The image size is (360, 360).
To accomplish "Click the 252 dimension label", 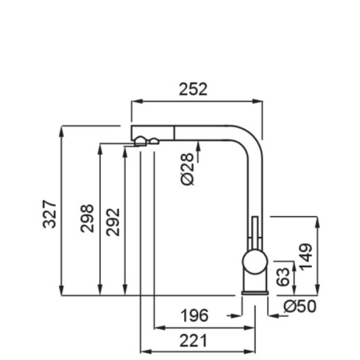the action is click(193, 89).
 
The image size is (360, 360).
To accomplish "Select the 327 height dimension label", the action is click(49, 214).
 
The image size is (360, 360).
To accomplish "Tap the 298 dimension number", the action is click(87, 218).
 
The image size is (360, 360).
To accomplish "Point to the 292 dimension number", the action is click(113, 222).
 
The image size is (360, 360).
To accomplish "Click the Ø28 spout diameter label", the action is click(187, 169).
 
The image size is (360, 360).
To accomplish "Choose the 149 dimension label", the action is click(305, 257).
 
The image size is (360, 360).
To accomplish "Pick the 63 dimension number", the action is click(283, 277).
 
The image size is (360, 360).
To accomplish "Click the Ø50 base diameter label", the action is click(300, 306).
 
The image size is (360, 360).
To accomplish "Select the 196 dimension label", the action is click(194, 316).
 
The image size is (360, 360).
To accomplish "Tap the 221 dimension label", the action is click(193, 341).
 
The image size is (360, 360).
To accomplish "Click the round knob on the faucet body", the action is click(255, 262).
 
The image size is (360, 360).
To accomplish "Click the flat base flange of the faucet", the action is click(255, 293).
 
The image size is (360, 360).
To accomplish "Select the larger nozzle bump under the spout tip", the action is click(140, 141).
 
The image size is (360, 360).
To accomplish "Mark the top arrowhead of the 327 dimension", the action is click(61, 131).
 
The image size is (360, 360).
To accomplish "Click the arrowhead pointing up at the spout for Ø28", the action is click(199, 146).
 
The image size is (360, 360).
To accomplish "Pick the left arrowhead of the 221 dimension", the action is click(146, 352).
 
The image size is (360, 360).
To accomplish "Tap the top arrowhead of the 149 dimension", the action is click(317, 222).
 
